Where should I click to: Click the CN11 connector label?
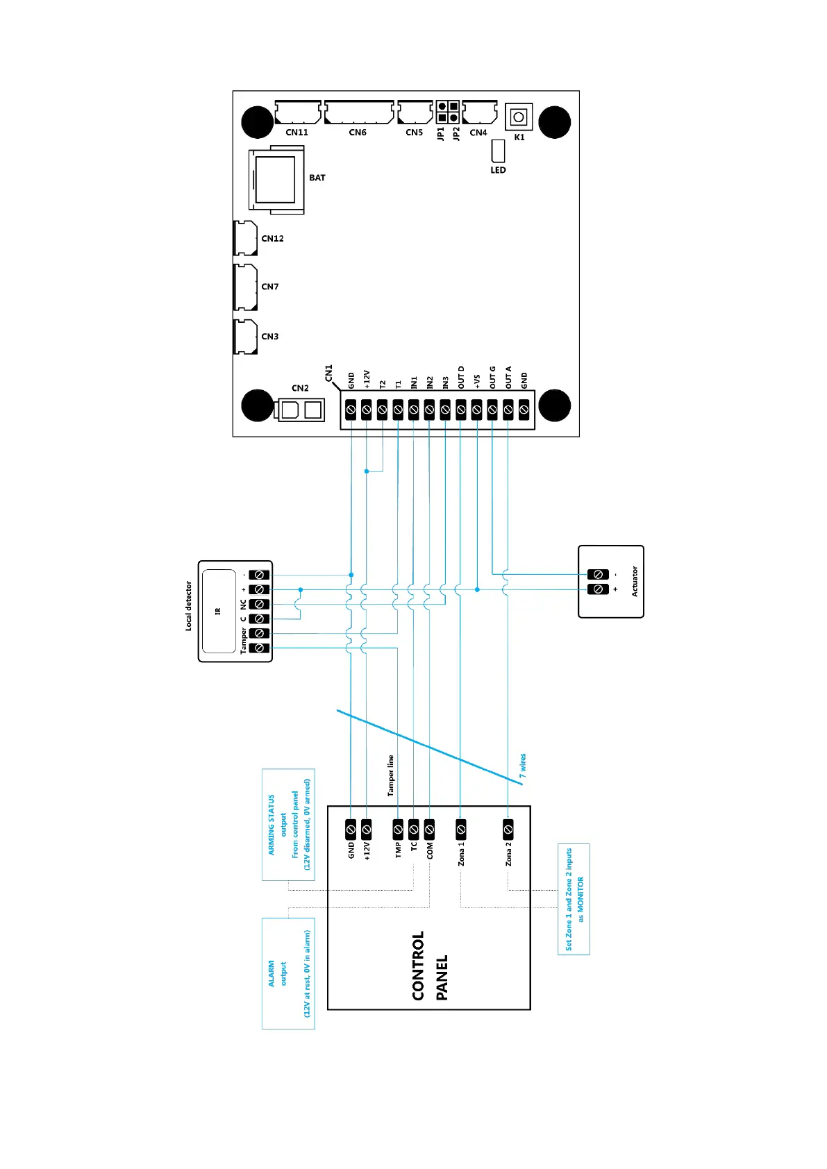point(296,133)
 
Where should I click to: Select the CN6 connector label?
point(358,133)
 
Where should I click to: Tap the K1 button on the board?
point(518,117)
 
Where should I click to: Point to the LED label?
point(498,170)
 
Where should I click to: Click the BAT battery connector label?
point(317,178)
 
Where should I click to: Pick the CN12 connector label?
point(272,239)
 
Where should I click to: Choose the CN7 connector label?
point(270,287)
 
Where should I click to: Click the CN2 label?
point(300,388)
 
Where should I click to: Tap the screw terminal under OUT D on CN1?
point(461,410)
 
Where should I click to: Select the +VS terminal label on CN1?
point(477,381)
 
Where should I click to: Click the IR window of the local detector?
point(218,611)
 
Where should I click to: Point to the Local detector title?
point(188,605)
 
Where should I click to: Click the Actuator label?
point(634,582)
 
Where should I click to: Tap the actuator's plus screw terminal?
point(598,589)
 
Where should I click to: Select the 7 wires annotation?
point(523,766)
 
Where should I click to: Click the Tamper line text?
point(391,775)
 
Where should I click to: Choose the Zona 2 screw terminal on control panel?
point(508,829)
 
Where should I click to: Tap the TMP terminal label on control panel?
point(399,850)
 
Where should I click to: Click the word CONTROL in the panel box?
point(418,966)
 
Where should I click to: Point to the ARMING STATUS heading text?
point(272,824)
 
